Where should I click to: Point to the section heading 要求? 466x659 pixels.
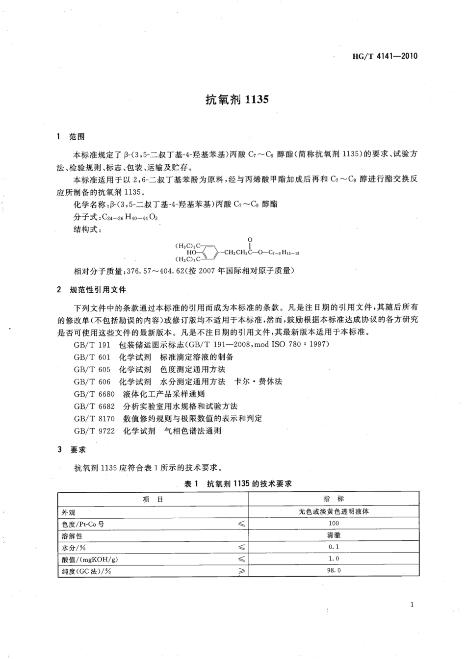78,450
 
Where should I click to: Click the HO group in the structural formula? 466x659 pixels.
192,253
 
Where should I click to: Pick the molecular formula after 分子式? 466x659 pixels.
129,217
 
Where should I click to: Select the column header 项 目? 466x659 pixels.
153,499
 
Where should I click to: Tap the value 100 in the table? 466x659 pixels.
334,523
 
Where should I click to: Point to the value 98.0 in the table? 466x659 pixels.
334,570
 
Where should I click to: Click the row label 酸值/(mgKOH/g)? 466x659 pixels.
90,559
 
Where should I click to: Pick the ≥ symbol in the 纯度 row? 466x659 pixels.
241,571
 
